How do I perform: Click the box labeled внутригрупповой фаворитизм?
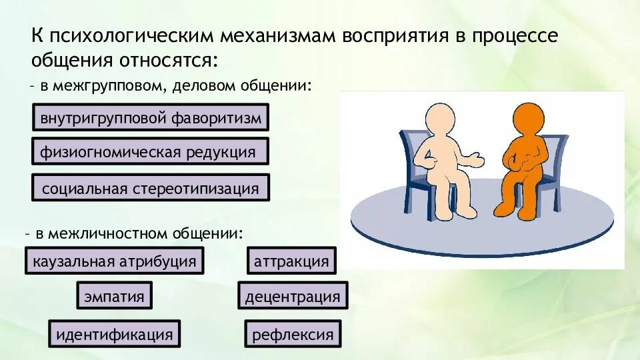pyautogui.click(x=151, y=118)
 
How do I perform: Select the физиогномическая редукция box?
pyautogui.click(x=150, y=151)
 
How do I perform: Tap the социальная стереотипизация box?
pyautogui.click(x=151, y=188)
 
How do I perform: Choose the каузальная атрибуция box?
pyautogui.click(x=115, y=261)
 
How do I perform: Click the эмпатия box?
pyautogui.click(x=114, y=296)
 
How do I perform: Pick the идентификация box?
pyautogui.click(x=114, y=333)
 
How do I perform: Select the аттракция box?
pyautogui.click(x=291, y=261)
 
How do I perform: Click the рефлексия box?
pyautogui.click(x=293, y=334)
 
